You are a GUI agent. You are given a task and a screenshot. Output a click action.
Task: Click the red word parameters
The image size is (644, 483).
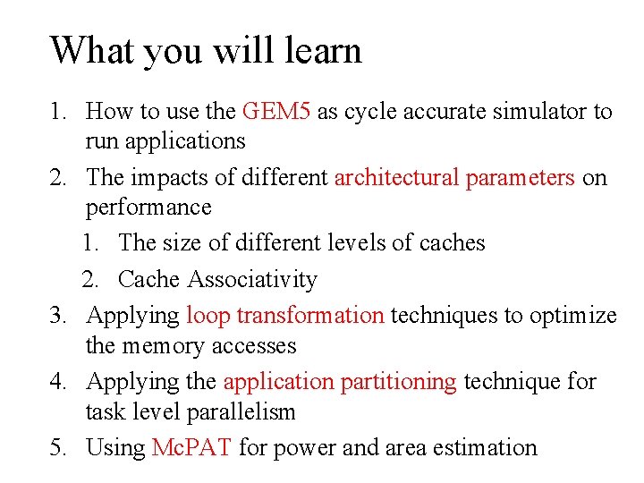(x=520, y=177)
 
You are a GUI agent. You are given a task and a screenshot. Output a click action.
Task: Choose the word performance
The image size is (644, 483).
(x=148, y=208)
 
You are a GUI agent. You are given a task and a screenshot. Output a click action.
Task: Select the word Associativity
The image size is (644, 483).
(x=252, y=279)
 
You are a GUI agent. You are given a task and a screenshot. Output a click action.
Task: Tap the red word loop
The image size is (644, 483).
(x=208, y=316)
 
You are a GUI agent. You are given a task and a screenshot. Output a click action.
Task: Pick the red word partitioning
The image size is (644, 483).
(x=399, y=382)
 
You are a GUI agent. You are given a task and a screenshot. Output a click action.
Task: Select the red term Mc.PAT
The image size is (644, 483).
(x=193, y=447)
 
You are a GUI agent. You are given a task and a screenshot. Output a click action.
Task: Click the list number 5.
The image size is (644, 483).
(x=58, y=447)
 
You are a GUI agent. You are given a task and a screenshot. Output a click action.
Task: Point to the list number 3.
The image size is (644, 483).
(x=58, y=316)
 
